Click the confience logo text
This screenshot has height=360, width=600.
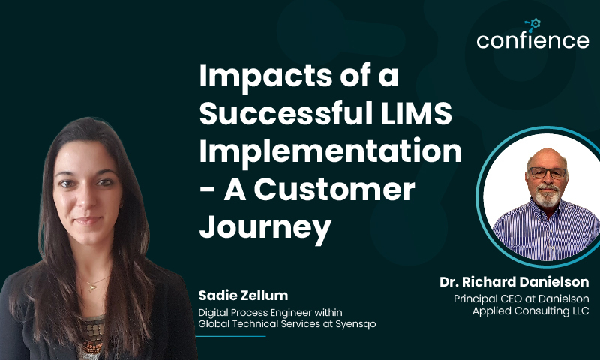click(x=532, y=40)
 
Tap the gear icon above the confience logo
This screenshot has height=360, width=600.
click(x=534, y=24)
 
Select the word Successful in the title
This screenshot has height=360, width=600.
click(x=286, y=112)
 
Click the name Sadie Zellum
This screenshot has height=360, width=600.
click(x=243, y=295)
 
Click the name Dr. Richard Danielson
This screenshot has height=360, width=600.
click(x=514, y=281)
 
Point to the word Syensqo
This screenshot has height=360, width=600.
click(x=355, y=324)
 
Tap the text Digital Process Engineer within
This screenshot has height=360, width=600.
click(x=270, y=313)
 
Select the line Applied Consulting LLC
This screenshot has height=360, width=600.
click(x=531, y=310)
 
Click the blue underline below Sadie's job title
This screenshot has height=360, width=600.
click(x=230, y=336)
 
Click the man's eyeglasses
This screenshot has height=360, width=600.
click(x=547, y=173)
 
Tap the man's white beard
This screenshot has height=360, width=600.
click(x=547, y=196)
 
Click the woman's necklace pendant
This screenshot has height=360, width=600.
click(x=91, y=286)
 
